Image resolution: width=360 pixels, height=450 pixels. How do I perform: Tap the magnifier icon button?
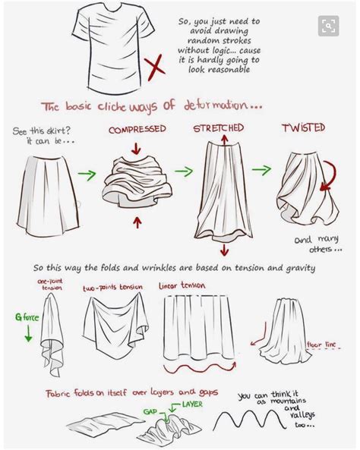click(x=328, y=27)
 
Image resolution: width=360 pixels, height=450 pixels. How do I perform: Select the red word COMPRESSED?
click(x=137, y=130)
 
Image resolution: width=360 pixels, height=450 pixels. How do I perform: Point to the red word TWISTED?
click(x=304, y=128)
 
